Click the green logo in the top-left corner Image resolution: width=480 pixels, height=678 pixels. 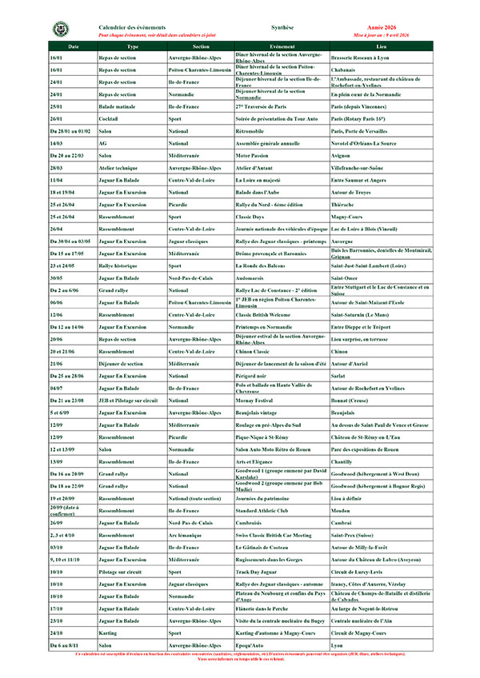[x=60, y=30]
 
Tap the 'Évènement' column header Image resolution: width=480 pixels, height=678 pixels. [x=282, y=46]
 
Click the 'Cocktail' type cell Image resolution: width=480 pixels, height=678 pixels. [x=109, y=118]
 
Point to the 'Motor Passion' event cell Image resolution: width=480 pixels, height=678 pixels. [x=255, y=155]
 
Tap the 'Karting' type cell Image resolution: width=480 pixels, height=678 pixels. [x=109, y=632]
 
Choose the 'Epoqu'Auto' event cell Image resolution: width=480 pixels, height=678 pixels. [x=252, y=644]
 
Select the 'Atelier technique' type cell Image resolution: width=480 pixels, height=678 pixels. [x=119, y=168]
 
